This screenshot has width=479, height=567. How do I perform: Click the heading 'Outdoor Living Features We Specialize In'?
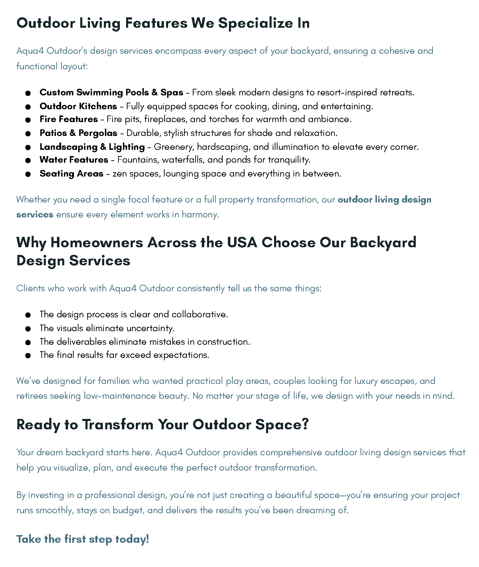[x=163, y=23]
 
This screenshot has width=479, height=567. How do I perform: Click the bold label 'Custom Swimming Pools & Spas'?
[x=111, y=93]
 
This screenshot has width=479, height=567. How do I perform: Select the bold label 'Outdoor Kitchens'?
[x=78, y=106]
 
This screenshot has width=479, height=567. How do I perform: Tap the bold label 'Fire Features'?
[x=68, y=119]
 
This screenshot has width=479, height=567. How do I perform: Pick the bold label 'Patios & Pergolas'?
[x=79, y=133]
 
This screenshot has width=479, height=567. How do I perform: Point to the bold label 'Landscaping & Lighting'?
[x=92, y=147]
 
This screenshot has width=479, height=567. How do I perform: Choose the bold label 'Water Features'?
[x=74, y=160]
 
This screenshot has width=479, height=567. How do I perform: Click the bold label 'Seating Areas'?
[x=71, y=174]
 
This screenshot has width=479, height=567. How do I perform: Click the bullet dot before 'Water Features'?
[x=28, y=161]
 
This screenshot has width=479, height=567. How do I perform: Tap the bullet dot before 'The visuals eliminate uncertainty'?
[x=28, y=329]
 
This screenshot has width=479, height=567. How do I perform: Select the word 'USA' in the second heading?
[x=242, y=243]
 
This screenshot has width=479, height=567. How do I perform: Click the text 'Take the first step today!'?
[x=83, y=539]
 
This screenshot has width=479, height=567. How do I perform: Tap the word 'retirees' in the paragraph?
[x=32, y=396]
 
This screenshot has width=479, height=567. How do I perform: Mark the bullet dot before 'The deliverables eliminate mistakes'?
[x=28, y=342]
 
